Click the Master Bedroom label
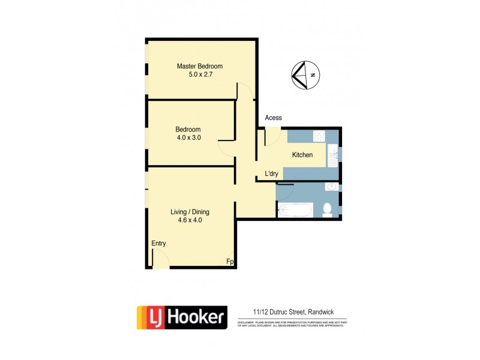(x=199, y=66)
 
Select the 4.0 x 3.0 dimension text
(x=188, y=137)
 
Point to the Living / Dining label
(x=190, y=212)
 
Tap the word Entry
(x=158, y=244)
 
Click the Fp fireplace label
(x=229, y=262)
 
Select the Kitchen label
(x=302, y=155)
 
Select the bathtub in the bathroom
(x=295, y=211)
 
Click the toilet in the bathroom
(x=328, y=209)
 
